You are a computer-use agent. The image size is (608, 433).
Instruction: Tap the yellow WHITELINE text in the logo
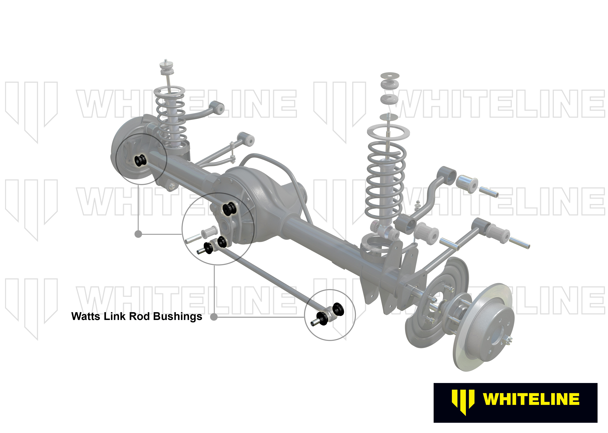coord(531,399)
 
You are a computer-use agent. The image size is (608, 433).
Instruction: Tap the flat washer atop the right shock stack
coord(390,75)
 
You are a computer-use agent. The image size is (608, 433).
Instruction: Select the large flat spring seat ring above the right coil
coord(388,131)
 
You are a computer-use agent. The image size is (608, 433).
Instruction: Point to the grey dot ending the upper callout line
coord(138,234)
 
